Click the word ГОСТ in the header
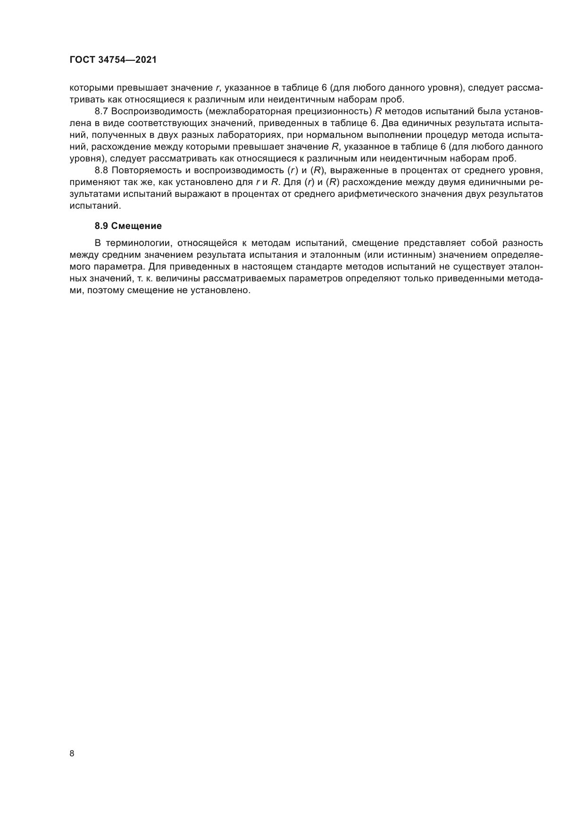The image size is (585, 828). pos(83,60)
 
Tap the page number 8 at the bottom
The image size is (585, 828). pos(72,753)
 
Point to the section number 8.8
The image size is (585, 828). pos(101,170)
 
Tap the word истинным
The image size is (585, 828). pos(410,255)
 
